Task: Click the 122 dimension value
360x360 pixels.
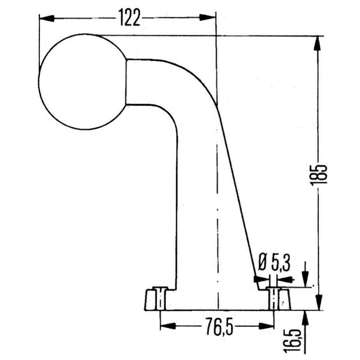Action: pyautogui.click(x=129, y=17)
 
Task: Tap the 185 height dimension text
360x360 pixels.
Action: pyautogui.click(x=318, y=174)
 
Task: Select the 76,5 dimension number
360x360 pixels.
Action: pyautogui.click(x=219, y=326)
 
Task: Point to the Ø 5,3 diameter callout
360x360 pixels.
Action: pyautogui.click(x=274, y=263)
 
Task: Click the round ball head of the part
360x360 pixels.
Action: pyautogui.click(x=83, y=82)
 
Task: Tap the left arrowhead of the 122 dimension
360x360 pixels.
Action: pyautogui.click(x=47, y=19)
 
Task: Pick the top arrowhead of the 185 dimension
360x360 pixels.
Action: pyautogui.click(x=317, y=43)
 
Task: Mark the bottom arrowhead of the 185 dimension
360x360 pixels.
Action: pyautogui.click(x=319, y=303)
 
